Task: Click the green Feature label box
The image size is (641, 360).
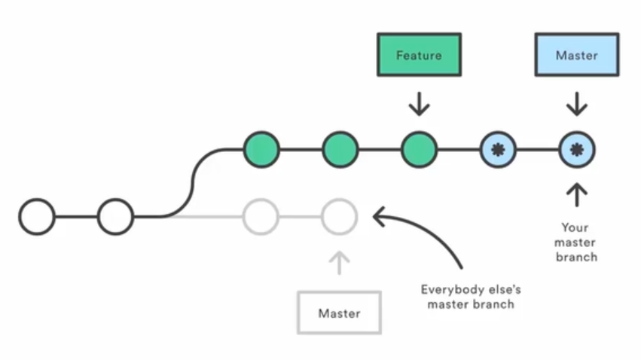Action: (x=419, y=56)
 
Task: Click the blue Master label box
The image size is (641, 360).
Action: (x=576, y=56)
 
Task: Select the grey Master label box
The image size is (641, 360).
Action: (x=339, y=313)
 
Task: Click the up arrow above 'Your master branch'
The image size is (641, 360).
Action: (x=576, y=194)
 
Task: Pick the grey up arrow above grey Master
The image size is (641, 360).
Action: (x=339, y=262)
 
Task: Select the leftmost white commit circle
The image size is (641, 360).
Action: (x=37, y=217)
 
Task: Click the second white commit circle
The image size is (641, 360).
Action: (x=115, y=217)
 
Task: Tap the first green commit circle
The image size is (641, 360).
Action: (x=261, y=149)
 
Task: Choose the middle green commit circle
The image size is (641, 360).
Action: (x=340, y=149)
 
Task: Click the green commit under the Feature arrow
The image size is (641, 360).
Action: (x=419, y=149)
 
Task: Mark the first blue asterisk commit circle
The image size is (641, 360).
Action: (x=498, y=149)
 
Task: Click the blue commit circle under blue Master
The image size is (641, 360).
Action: (x=576, y=149)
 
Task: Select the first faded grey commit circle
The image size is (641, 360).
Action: (x=261, y=217)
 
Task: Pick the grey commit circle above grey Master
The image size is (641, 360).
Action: (x=339, y=217)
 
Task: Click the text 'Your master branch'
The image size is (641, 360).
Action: (x=576, y=242)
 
